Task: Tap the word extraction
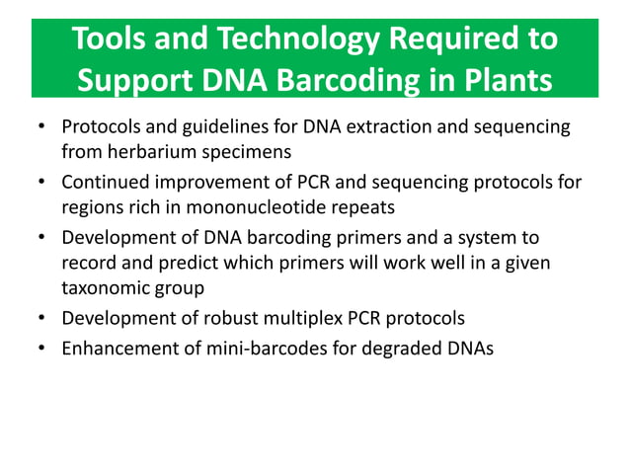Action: point(382,127)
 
